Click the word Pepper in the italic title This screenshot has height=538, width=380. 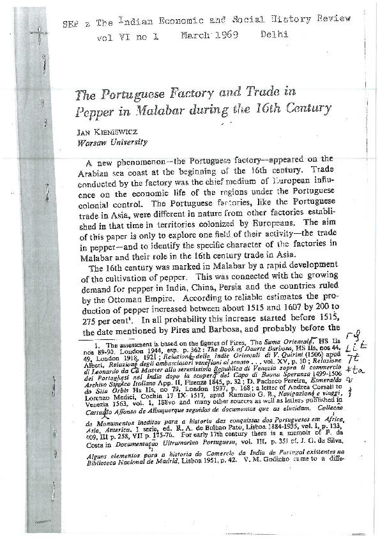[96, 108]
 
